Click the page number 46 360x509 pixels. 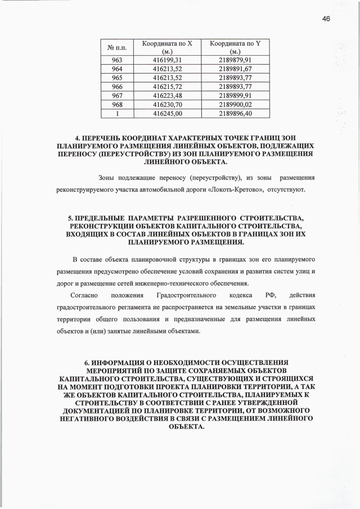tap(326, 18)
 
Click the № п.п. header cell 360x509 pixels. tap(116, 47)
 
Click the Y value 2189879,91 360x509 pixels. tap(236, 59)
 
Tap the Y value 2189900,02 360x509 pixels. tap(236, 104)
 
